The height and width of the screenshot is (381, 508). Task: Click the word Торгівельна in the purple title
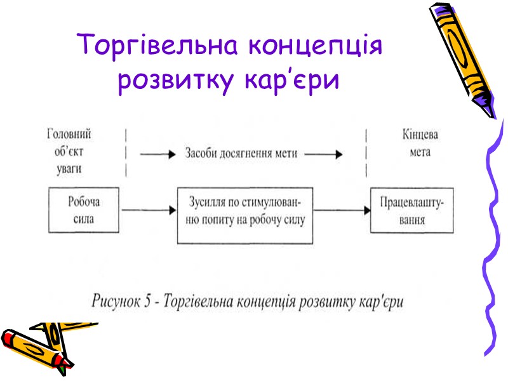tap(157, 45)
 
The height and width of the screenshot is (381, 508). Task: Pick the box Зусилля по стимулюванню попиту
tap(245, 215)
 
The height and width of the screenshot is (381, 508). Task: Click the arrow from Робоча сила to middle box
tap(147, 209)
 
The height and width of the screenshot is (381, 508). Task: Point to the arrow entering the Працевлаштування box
tap(343, 209)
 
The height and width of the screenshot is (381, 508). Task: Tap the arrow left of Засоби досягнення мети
tap(157, 153)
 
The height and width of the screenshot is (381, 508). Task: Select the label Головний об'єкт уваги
tap(69, 152)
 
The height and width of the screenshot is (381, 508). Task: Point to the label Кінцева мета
tap(420, 144)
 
